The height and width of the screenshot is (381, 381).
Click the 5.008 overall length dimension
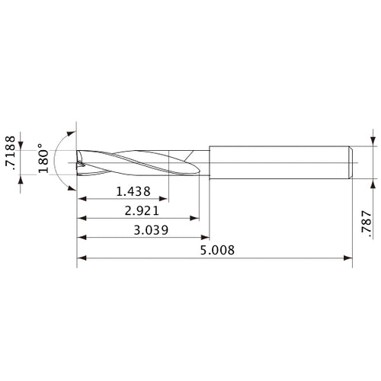(x=216, y=250)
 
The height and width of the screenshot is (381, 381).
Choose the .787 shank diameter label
(x=370, y=226)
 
